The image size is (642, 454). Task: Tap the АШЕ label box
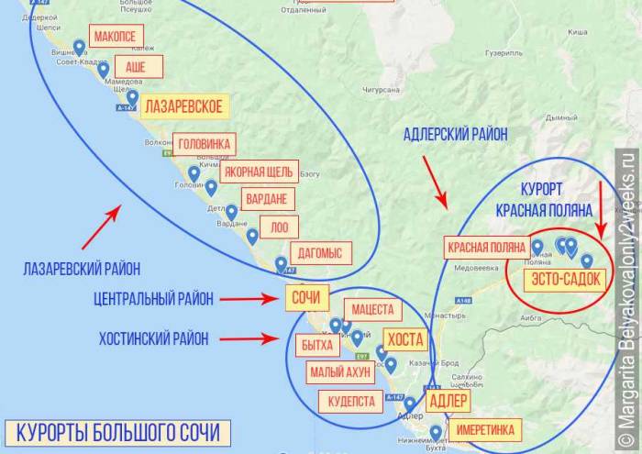coord(136,67)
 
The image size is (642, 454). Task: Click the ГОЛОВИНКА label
coord(204,144)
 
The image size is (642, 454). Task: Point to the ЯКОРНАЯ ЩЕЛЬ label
coord(260,172)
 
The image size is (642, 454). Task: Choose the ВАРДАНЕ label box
coord(269,199)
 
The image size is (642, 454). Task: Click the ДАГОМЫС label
coord(320,253)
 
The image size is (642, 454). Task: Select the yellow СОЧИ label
coord(304,298)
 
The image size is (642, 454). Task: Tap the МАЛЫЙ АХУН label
coord(340,372)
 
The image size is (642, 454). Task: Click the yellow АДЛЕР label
coord(447,401)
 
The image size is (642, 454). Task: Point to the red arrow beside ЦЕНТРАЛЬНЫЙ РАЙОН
coord(251,299)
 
